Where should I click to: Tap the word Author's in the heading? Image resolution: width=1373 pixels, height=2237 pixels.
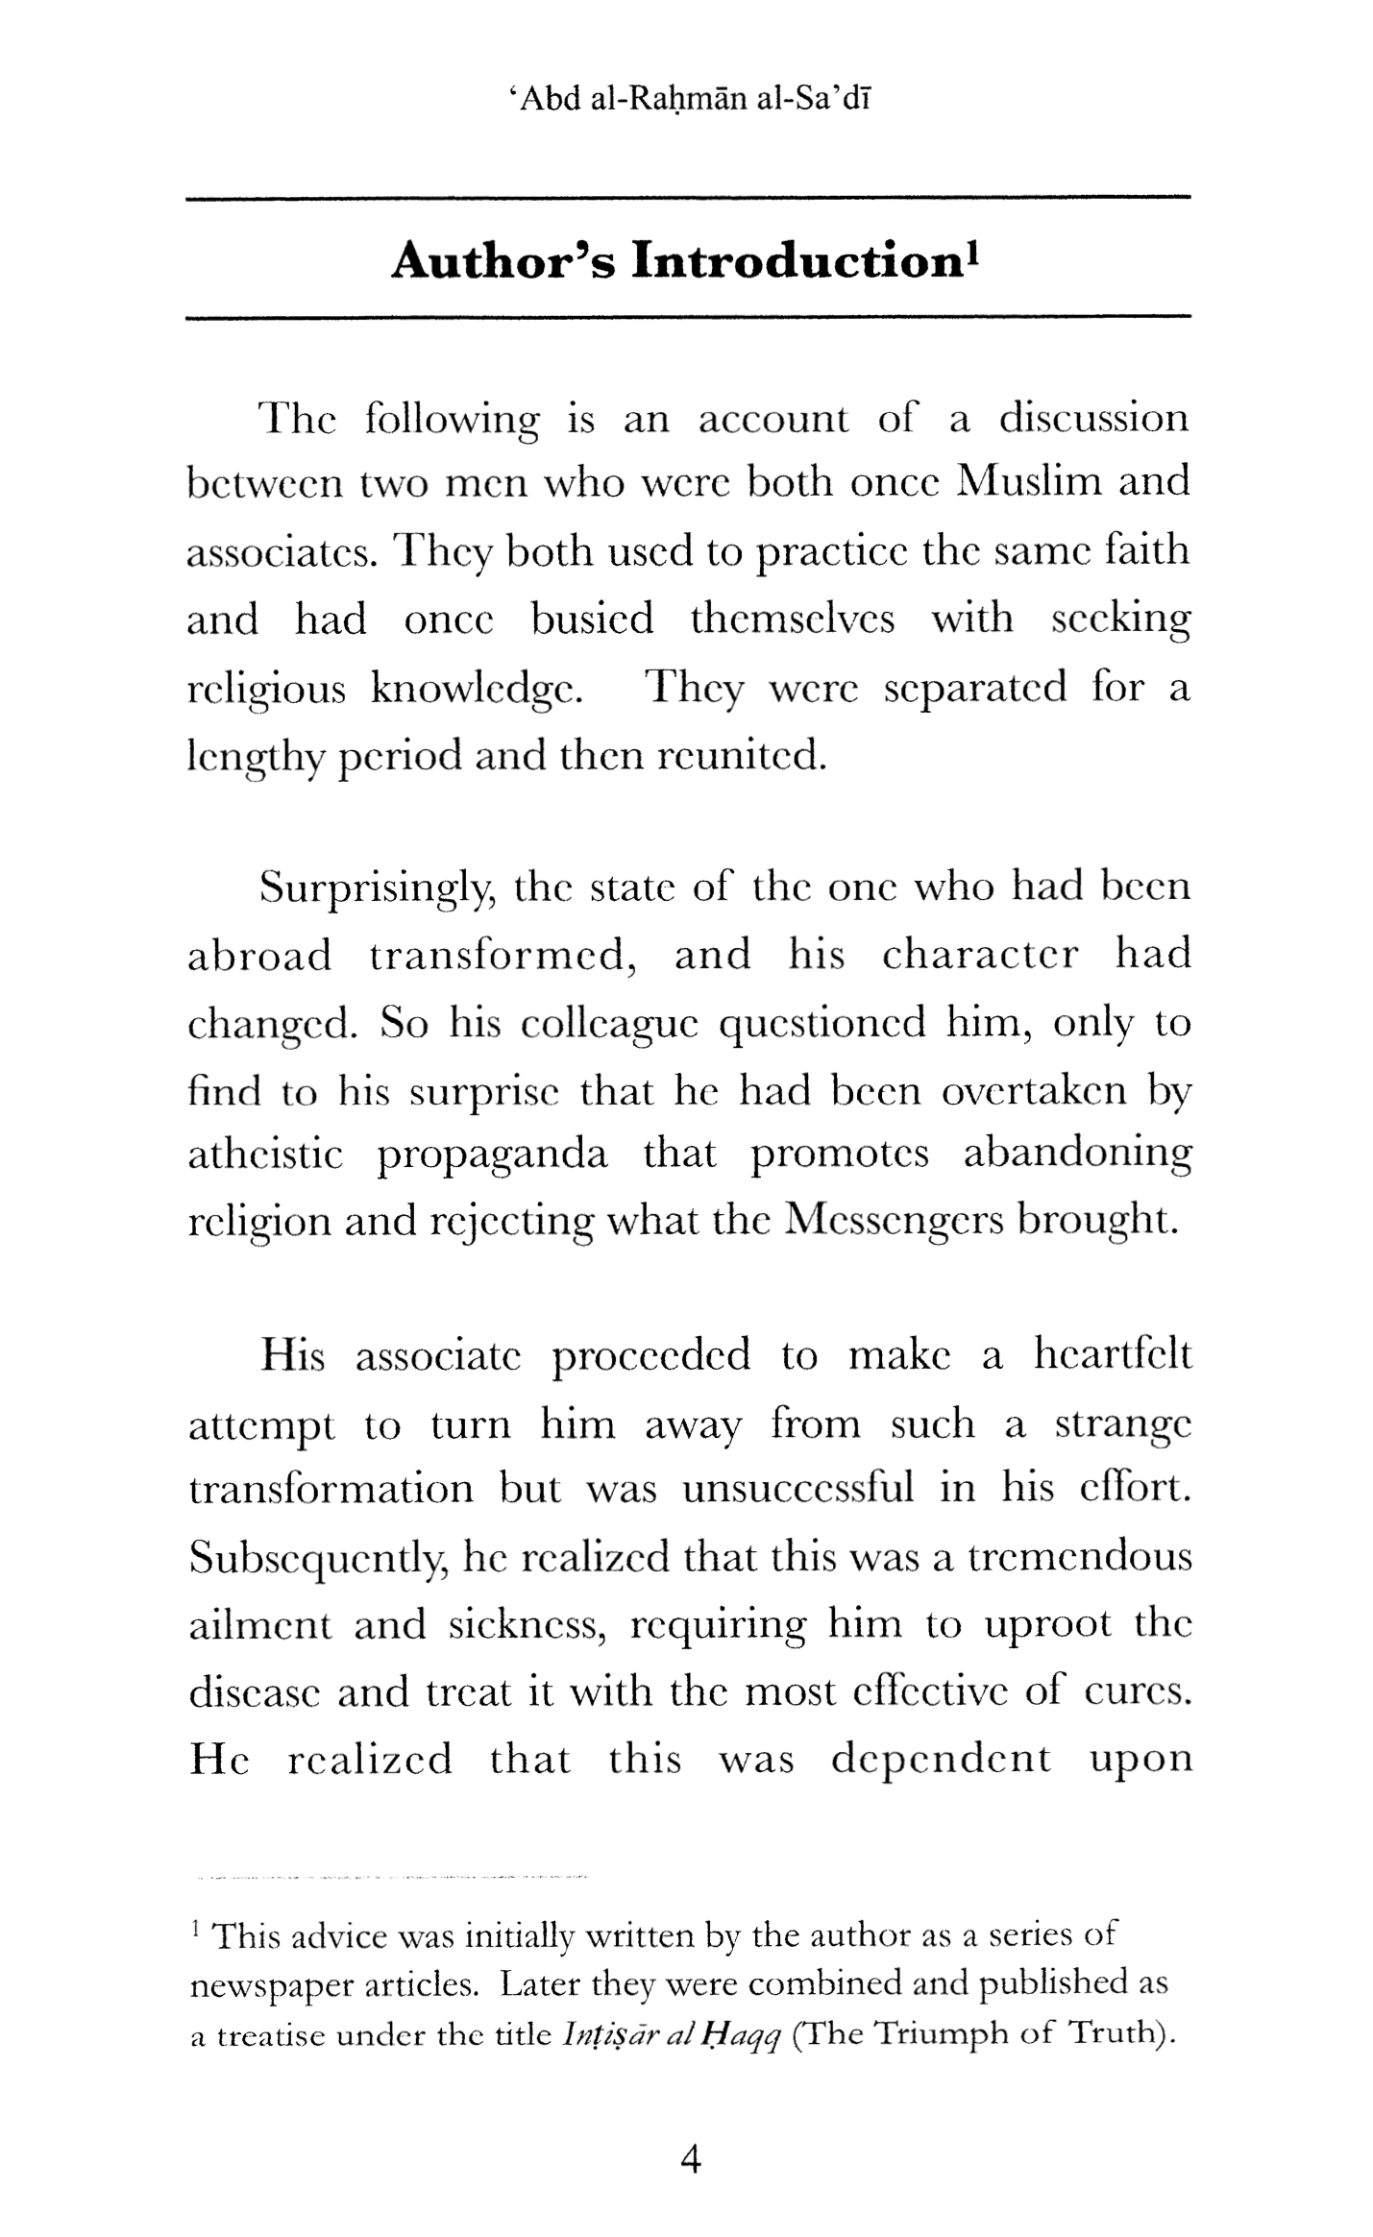pyautogui.click(x=503, y=261)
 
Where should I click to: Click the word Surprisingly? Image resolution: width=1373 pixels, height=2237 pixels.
pyautogui.click(x=377, y=888)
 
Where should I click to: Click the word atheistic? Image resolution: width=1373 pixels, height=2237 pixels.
pyautogui.click(x=264, y=1154)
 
